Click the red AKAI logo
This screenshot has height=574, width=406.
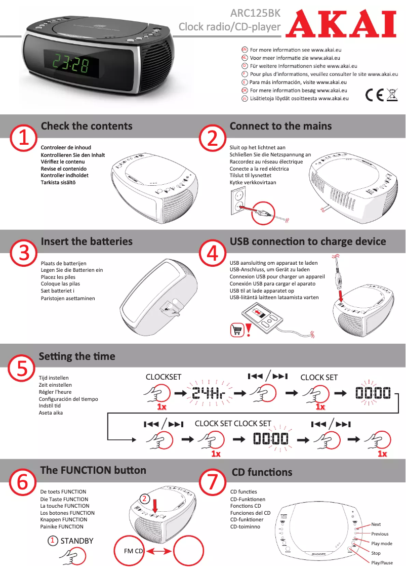click(341, 25)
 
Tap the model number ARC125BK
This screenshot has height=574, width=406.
click(255, 13)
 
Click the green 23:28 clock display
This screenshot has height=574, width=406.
click(70, 64)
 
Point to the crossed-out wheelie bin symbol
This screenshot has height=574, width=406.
click(392, 95)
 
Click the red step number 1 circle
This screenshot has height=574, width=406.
click(23, 138)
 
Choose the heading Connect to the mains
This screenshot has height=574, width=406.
click(280, 126)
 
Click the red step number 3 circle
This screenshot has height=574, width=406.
click(23, 253)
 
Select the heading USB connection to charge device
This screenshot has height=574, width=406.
click(307, 241)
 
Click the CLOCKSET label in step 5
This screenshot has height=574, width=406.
click(163, 377)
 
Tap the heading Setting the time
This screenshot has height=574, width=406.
click(77, 356)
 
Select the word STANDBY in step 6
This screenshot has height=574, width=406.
click(77, 541)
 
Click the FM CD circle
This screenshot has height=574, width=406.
click(134, 551)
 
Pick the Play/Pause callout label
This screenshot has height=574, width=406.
click(382, 563)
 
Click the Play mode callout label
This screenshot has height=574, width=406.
click(382, 544)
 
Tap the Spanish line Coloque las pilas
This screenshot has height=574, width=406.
click(60, 284)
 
